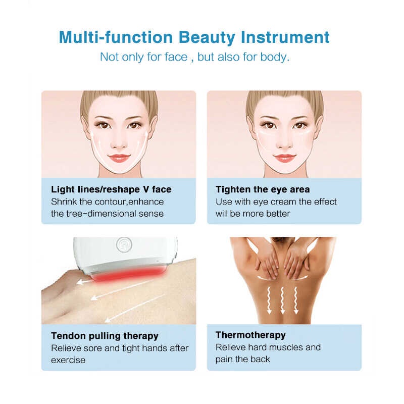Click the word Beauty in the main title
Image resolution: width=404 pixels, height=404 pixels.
(x=207, y=38)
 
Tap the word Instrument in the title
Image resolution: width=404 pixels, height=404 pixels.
(x=285, y=37)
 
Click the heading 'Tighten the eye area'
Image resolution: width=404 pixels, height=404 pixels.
(x=263, y=189)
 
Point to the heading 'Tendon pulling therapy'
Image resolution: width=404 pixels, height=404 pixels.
(x=105, y=336)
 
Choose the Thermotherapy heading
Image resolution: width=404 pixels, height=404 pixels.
(x=250, y=335)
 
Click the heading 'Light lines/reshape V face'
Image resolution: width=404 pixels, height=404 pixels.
(x=111, y=189)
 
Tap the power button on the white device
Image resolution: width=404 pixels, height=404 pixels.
(x=124, y=244)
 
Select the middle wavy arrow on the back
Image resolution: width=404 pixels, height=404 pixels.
(x=283, y=300)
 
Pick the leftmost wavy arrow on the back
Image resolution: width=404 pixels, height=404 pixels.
(x=269, y=300)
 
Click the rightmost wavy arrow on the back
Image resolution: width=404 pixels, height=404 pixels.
(x=296, y=300)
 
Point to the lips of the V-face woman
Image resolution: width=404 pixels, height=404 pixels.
(x=119, y=158)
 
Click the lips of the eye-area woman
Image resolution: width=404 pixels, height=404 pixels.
(x=284, y=158)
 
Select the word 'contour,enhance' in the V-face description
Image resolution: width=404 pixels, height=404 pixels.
(x=129, y=201)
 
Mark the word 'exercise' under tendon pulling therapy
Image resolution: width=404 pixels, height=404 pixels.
(x=68, y=360)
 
